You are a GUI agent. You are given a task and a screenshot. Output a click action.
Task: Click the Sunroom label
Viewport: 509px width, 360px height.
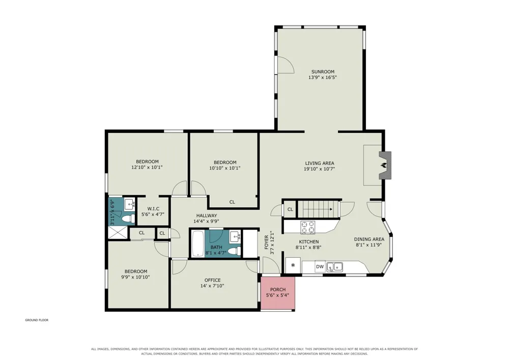click(323, 72)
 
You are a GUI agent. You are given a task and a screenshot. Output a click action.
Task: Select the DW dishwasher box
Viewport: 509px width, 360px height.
click(320, 267)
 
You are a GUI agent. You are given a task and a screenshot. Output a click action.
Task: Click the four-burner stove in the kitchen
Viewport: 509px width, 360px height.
click(307, 227)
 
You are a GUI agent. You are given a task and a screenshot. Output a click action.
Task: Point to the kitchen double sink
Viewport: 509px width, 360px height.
click(335, 267)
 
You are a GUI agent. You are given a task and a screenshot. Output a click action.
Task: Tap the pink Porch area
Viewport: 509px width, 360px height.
click(278, 293)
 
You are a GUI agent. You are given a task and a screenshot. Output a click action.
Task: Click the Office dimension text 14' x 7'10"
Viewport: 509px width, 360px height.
click(212, 286)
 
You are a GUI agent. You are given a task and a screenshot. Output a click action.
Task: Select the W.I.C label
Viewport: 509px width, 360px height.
click(153, 209)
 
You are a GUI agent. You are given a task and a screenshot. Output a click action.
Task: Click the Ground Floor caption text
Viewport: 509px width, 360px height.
click(37, 320)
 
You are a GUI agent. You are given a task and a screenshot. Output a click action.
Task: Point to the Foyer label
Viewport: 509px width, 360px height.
click(267, 242)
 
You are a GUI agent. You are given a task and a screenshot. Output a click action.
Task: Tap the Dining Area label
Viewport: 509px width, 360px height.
click(369, 239)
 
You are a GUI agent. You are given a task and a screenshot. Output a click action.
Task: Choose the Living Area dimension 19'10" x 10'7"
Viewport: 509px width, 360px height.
click(320, 169)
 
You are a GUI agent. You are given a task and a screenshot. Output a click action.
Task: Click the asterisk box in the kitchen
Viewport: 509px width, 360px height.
click(293, 265)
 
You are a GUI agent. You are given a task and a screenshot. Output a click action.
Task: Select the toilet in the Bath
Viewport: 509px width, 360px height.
click(234, 251)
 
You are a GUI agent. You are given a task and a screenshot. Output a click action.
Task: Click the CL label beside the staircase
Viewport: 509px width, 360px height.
click(290, 209)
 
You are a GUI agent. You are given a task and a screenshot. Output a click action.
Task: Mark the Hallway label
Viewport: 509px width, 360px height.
click(207, 215)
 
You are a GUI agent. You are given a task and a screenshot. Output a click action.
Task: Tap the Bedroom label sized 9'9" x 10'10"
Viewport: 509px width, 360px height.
click(136, 271)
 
